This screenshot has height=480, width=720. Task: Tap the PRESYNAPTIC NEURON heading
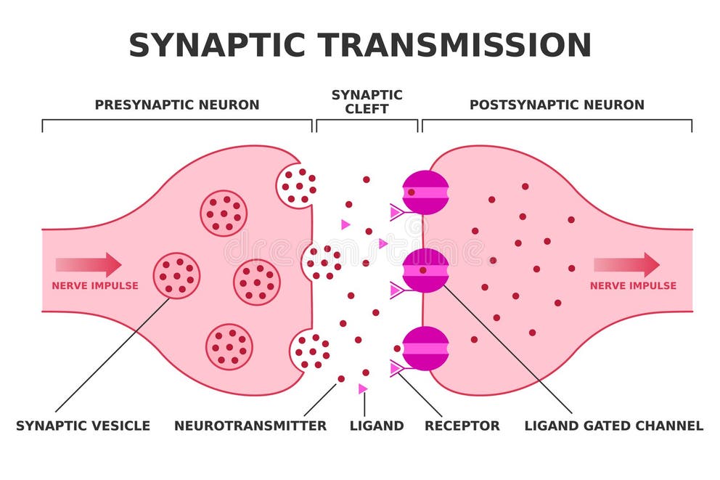click(176, 105)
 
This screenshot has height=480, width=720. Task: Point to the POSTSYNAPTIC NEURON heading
click(557, 105)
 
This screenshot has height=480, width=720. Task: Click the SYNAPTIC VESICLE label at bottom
click(83, 426)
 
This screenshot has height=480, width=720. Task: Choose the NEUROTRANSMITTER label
click(250, 426)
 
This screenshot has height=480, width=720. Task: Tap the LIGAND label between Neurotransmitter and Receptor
click(377, 426)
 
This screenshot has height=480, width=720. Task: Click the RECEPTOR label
click(462, 426)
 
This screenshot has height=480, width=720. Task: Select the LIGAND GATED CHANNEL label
click(614, 426)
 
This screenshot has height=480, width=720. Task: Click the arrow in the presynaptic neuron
click(89, 264)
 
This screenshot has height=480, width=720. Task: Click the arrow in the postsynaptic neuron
click(627, 264)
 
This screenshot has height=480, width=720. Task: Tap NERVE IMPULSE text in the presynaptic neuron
click(94, 285)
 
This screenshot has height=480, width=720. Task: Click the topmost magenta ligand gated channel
click(426, 192)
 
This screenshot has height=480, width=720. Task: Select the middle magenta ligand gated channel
click(426, 270)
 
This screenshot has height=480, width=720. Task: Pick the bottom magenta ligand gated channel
click(426, 349)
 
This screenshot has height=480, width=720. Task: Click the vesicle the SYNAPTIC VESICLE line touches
click(176, 276)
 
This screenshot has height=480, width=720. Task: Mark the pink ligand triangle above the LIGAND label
click(362, 389)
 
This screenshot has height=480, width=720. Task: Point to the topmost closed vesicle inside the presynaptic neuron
click(224, 213)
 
